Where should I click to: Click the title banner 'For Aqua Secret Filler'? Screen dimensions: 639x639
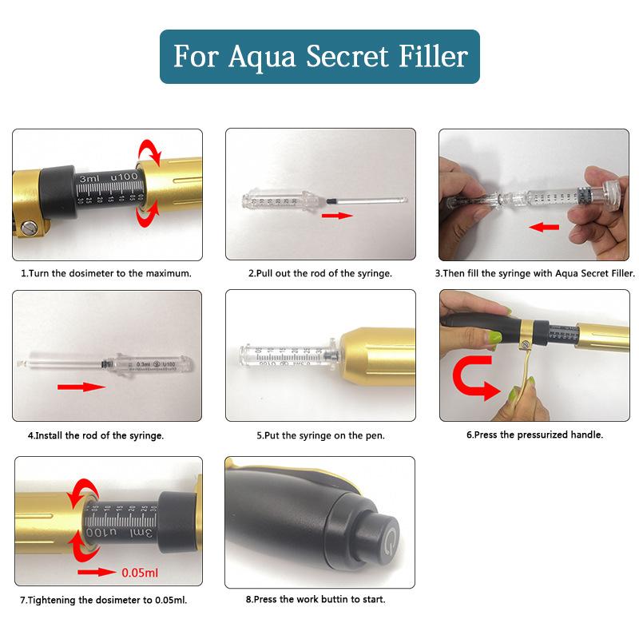319,57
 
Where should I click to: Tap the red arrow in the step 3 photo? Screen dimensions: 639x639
546,227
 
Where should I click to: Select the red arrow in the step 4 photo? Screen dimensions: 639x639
81,387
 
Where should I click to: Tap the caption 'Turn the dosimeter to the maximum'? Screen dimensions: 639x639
106,273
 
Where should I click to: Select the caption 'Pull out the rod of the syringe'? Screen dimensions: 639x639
319,273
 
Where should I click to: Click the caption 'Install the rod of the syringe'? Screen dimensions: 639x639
96,435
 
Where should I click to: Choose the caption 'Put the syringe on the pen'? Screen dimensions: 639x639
320,435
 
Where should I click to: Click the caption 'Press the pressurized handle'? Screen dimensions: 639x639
534,435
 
